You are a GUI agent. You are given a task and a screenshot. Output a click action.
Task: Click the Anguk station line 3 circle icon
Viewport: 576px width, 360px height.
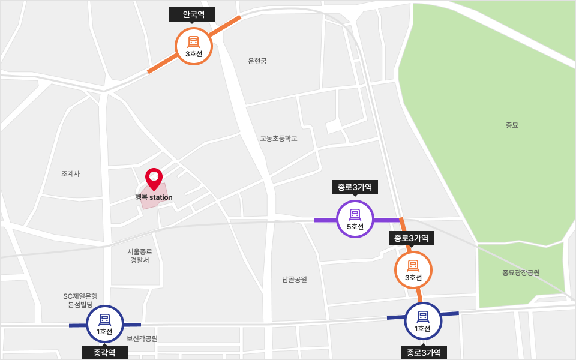pyautogui.click(x=194, y=46)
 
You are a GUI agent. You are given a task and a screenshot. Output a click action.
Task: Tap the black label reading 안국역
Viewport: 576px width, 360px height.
pyautogui.click(x=194, y=14)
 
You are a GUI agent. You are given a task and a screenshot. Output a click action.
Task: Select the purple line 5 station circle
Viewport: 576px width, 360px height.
pyautogui.click(x=355, y=219)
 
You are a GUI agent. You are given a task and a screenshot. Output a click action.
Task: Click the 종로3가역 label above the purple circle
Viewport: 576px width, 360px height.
pyautogui.click(x=355, y=187)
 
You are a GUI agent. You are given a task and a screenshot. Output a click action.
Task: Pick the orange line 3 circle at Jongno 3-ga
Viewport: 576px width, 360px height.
pyautogui.click(x=413, y=270)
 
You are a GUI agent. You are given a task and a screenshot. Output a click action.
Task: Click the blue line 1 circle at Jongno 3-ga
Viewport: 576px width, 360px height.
pyautogui.click(x=424, y=321)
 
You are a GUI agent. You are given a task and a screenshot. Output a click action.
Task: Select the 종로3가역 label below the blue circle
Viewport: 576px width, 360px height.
pyautogui.click(x=424, y=353)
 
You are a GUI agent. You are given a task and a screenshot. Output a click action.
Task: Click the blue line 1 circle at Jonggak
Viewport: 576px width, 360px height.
pyautogui.click(x=105, y=324)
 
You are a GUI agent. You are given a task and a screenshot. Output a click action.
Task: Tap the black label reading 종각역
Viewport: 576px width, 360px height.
pyautogui.click(x=105, y=353)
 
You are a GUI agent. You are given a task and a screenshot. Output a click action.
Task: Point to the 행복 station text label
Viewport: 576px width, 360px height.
pyautogui.click(x=155, y=197)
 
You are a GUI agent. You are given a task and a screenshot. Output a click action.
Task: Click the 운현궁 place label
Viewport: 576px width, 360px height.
pyautogui.click(x=257, y=61)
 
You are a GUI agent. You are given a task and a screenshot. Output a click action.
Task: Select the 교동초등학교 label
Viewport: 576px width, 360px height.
pyautogui.click(x=278, y=138)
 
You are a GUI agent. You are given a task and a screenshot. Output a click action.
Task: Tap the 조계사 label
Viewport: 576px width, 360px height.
pyautogui.click(x=70, y=174)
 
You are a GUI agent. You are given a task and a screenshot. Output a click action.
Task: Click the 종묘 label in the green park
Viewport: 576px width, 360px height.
pyautogui.click(x=512, y=125)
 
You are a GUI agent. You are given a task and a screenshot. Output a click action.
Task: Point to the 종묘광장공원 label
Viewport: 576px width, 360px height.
pyautogui.click(x=521, y=272)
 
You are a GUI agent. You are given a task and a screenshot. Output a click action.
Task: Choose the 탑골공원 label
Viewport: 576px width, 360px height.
pyautogui.click(x=294, y=279)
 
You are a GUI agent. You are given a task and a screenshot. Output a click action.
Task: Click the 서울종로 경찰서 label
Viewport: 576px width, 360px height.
pyautogui.click(x=140, y=256)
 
